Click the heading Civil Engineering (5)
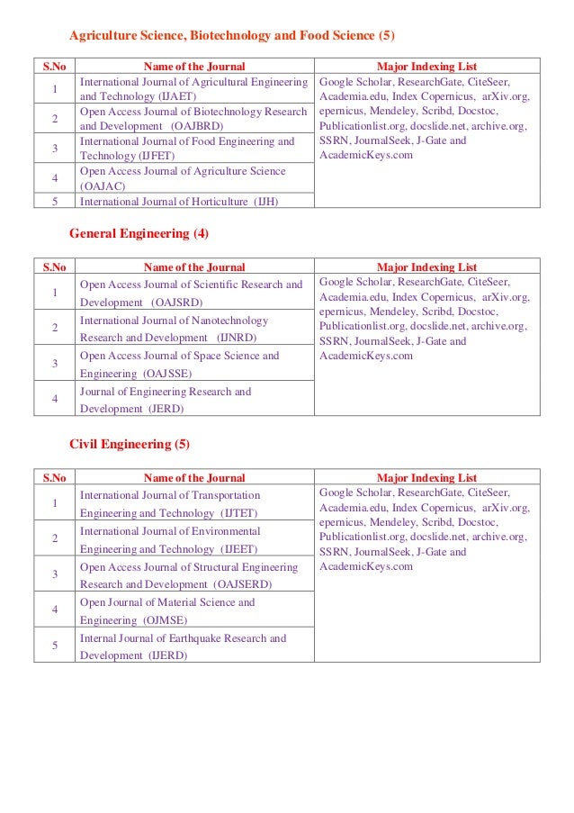(x=130, y=445)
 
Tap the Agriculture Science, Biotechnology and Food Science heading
(x=232, y=36)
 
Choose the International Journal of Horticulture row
(x=179, y=201)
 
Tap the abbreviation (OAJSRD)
(x=177, y=303)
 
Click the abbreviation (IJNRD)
(x=238, y=338)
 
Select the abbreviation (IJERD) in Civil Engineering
(x=167, y=655)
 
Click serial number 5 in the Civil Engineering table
(x=56, y=646)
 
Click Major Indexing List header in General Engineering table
(x=426, y=267)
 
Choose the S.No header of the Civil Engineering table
(x=56, y=478)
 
